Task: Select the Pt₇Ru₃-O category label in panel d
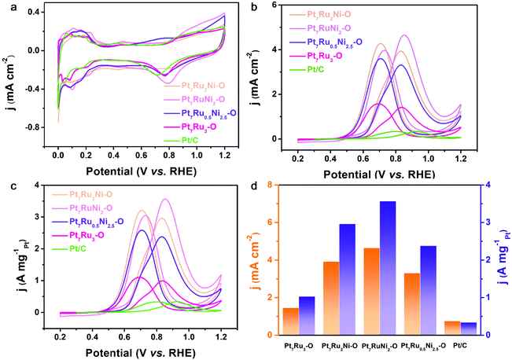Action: tap(299, 343)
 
